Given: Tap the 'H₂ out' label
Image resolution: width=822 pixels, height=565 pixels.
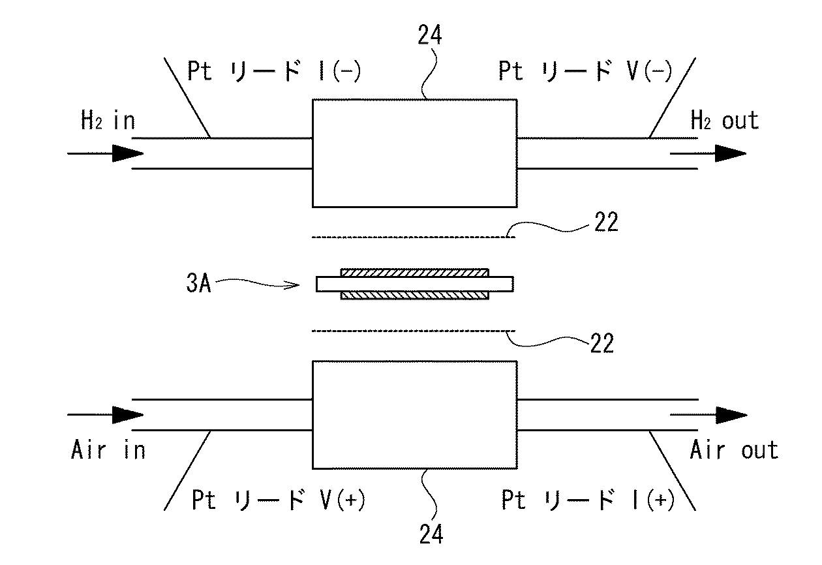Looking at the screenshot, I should tap(724, 121).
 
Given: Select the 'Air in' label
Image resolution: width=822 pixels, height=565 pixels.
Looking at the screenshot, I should tap(108, 450).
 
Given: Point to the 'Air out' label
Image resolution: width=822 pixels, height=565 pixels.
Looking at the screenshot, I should tap(733, 450).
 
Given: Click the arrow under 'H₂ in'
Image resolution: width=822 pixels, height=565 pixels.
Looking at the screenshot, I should tap(105, 155).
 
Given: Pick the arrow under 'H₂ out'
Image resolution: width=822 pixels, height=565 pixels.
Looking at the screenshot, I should tap(708, 155).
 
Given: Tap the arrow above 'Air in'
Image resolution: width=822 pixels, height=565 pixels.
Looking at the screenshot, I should tap(105, 414).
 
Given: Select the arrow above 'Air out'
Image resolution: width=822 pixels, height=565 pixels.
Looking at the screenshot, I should tap(708, 414).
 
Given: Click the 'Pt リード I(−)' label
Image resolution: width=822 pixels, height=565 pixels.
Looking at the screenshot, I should tap(273, 71).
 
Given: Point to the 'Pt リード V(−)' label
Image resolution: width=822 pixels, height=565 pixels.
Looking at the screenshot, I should tap(585, 71).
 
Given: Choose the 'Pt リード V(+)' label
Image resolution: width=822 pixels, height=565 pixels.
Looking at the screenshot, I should tap(278, 501).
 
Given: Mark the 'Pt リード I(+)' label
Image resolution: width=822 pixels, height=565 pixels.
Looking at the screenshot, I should tap(588, 501).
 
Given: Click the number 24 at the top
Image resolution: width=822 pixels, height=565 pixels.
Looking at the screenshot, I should tap(431, 36).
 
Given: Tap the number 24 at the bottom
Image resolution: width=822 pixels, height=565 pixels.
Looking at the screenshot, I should tap(431, 534).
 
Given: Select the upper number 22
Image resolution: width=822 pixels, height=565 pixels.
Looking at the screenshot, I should tap(603, 224).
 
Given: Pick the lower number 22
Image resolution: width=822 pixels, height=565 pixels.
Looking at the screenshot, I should tap(601, 343).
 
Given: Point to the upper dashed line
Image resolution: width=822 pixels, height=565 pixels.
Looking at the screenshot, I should tap(414, 237).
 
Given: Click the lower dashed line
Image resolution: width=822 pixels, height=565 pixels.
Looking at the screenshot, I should tap(414, 331).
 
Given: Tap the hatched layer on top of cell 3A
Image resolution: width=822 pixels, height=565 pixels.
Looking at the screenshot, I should tap(414, 271).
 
